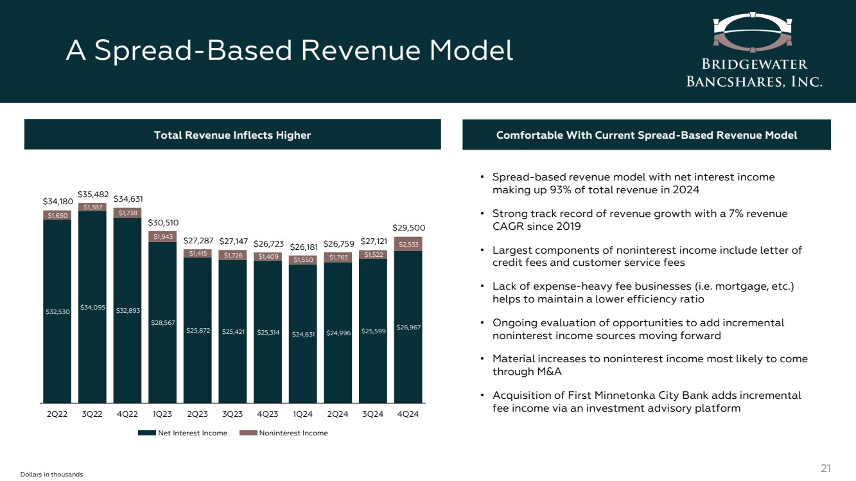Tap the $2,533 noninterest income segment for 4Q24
408,244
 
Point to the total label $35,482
93,194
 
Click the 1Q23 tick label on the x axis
162,414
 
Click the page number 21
826,468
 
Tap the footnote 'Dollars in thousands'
42,474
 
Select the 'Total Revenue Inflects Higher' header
232,135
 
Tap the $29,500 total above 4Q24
408,227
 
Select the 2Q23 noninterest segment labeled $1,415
198,254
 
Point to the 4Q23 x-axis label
267,414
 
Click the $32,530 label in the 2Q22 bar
57,311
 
